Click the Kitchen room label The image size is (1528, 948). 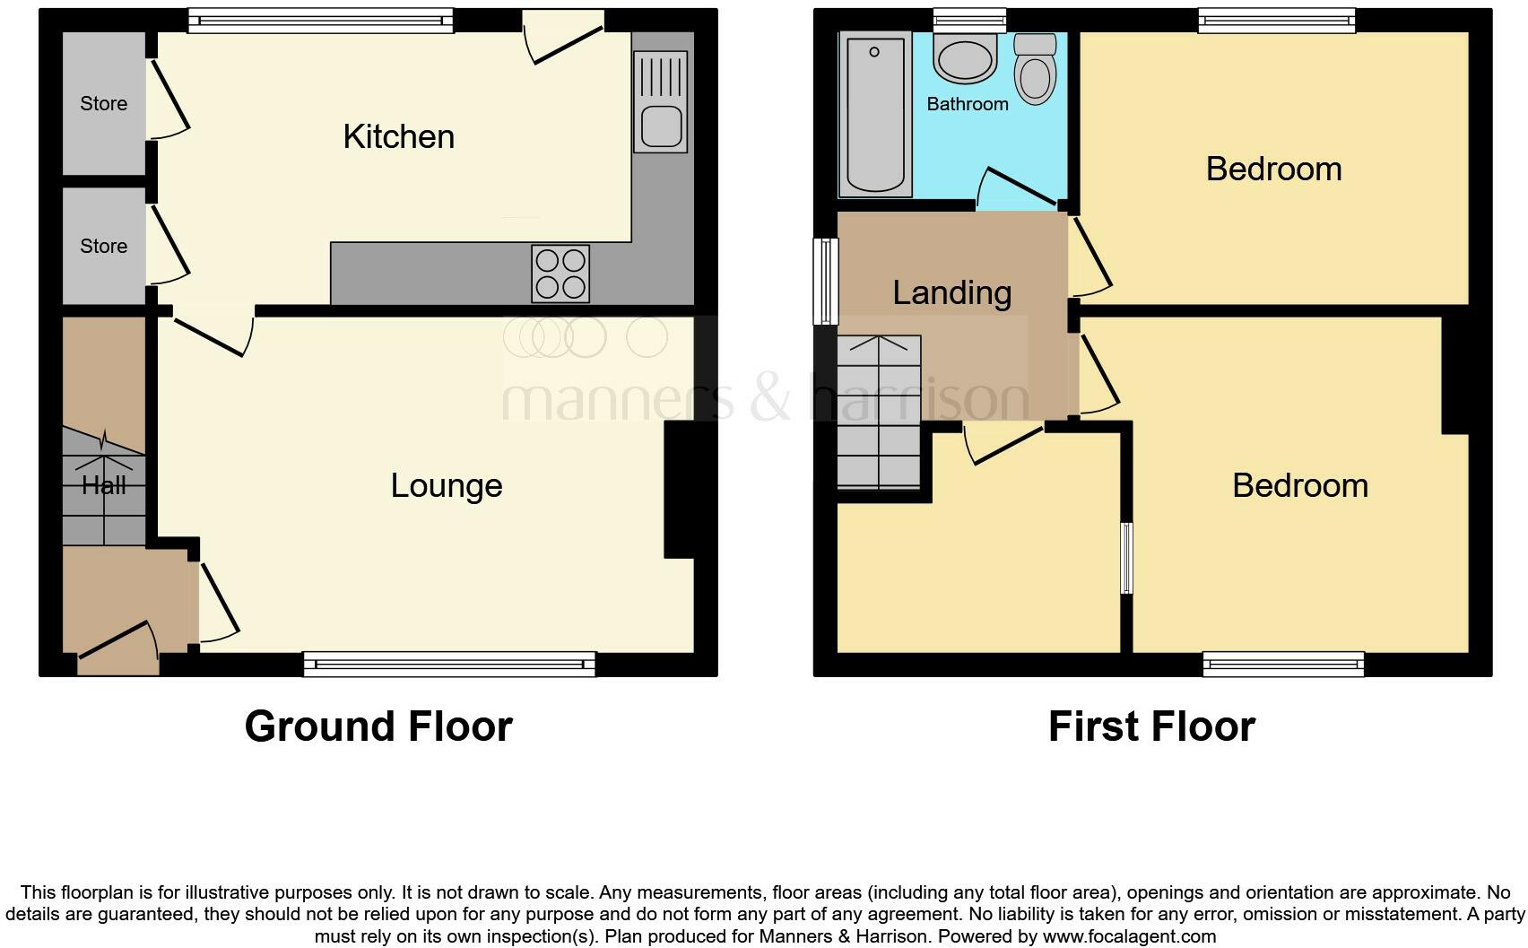click(x=398, y=137)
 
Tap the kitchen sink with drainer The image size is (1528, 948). click(x=660, y=100)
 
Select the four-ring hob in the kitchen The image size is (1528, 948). click(x=560, y=273)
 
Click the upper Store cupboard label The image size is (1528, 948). click(x=104, y=104)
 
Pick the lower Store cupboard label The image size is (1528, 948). click(x=104, y=247)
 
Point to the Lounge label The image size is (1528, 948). click(x=446, y=486)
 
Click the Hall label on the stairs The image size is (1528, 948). click(x=104, y=486)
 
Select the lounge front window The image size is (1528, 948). click(x=449, y=664)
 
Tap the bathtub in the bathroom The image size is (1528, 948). click(x=874, y=115)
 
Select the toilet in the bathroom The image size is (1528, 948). click(x=1035, y=70)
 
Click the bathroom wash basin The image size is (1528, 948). click(x=965, y=57)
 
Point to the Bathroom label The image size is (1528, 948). click(x=967, y=104)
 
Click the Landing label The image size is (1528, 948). click(x=951, y=293)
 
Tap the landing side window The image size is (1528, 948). click(x=825, y=281)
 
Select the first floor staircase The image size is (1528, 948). click(x=879, y=413)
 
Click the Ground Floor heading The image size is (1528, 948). click(x=378, y=726)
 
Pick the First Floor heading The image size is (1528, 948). click(x=1151, y=726)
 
